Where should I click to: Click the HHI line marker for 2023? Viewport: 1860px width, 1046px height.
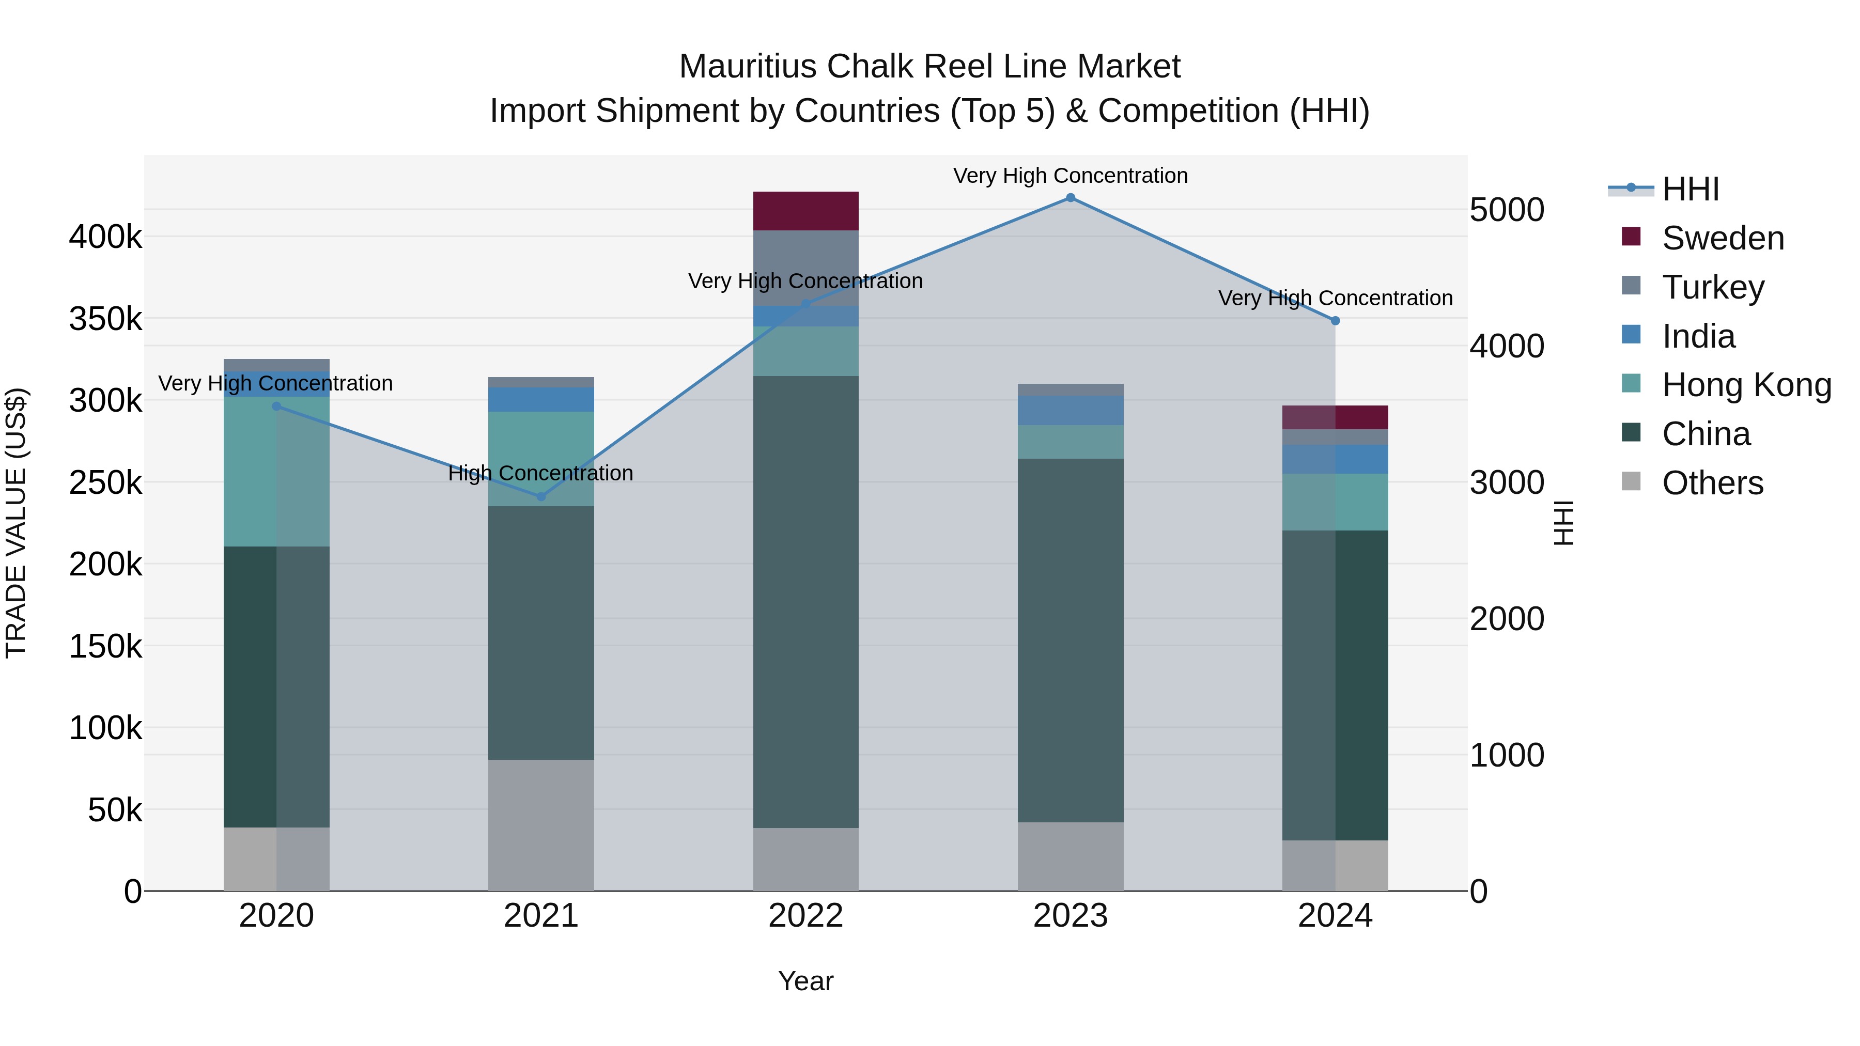coord(1070,198)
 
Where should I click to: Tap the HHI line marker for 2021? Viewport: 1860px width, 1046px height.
coord(541,496)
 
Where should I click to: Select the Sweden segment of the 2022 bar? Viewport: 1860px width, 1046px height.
coord(806,211)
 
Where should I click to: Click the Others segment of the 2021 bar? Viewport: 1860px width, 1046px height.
coord(541,825)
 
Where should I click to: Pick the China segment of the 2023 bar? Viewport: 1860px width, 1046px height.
coord(1070,641)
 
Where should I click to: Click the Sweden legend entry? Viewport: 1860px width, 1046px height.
coord(1722,238)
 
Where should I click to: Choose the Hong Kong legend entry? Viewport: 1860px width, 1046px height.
coord(1746,385)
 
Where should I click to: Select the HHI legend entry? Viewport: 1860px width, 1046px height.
coord(1690,189)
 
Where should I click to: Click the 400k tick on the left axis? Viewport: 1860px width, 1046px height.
coord(105,237)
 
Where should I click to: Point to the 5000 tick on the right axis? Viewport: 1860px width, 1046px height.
coord(1507,210)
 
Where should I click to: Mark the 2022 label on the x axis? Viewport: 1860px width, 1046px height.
coord(806,915)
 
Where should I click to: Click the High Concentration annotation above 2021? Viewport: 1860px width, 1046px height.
coord(541,474)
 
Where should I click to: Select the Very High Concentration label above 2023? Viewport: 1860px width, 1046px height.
coord(1070,176)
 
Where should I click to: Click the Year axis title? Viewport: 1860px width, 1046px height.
coord(806,981)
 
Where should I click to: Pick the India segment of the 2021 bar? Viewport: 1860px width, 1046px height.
coord(541,399)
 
